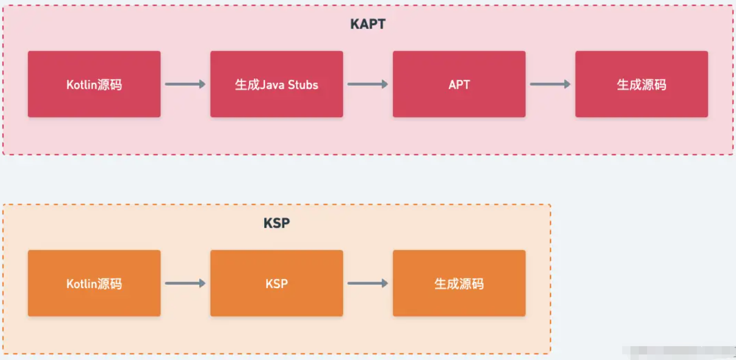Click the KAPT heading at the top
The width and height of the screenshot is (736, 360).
tap(368, 24)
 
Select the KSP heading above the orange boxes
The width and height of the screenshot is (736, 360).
tap(277, 223)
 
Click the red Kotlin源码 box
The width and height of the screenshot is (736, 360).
tap(94, 84)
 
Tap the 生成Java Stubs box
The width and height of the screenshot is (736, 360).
tap(277, 84)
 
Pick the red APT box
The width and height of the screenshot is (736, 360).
tap(459, 84)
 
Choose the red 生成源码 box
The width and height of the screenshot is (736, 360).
tap(642, 84)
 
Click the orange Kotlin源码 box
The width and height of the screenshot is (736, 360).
tap(94, 283)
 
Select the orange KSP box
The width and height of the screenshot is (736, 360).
tap(277, 283)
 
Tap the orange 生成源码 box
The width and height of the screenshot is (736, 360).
tap(459, 283)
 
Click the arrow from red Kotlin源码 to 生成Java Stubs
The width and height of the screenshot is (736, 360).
tap(185, 84)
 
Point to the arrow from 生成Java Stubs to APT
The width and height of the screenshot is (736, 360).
tap(368, 84)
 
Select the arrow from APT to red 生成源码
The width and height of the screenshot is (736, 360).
tap(550, 84)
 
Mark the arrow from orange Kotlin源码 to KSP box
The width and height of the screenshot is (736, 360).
tap(185, 283)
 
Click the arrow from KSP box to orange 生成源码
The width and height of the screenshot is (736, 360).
tap(368, 283)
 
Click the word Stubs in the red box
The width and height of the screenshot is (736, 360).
tap(303, 85)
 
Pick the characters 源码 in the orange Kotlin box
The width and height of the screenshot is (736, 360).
tap(110, 284)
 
